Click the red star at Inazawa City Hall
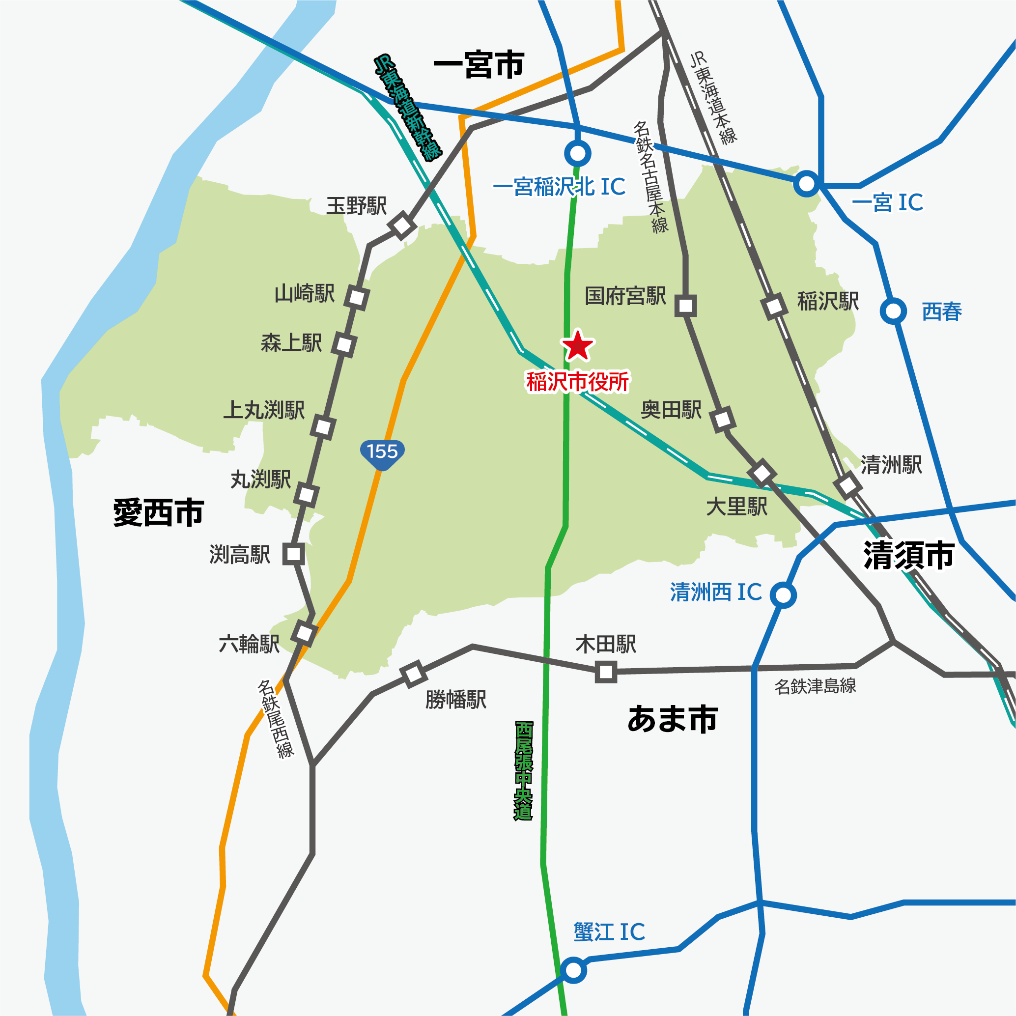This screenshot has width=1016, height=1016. [577, 346]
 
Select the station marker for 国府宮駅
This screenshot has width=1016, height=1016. [685, 306]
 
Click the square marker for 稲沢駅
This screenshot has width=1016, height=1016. [774, 307]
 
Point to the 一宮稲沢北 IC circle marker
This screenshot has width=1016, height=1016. [577, 154]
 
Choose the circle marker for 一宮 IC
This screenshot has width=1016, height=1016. [807, 184]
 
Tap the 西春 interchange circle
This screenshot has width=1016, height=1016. [893, 311]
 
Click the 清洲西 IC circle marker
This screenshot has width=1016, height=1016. [783, 595]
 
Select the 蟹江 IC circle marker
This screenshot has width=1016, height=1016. [573, 970]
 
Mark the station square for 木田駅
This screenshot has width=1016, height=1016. [606, 672]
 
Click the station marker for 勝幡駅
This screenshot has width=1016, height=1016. [413, 674]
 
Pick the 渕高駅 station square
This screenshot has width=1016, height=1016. [293, 554]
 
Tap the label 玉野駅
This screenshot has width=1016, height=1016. [356, 206]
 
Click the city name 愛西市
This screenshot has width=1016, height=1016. [158, 513]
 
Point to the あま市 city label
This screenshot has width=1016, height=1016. [673, 719]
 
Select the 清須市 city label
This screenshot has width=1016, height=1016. [909, 555]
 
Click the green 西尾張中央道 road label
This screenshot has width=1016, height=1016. [523, 771]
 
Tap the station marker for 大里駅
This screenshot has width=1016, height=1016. [762, 473]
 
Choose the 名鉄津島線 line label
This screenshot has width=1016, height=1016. [815, 686]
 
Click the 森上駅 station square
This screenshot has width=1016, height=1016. [344, 345]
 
